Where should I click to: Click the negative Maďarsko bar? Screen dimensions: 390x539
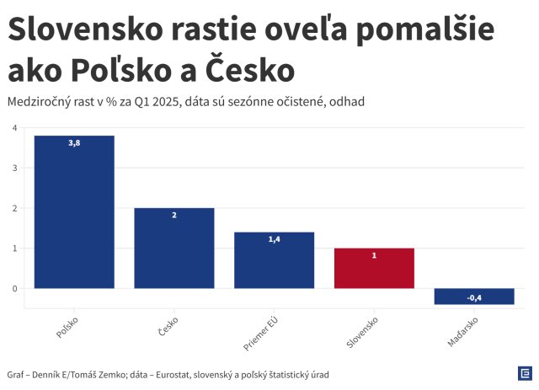pyautogui.click(x=474, y=297)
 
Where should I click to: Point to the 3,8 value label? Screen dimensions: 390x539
pyautogui.click(x=74, y=143)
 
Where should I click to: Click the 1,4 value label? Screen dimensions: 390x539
pyautogui.click(x=274, y=240)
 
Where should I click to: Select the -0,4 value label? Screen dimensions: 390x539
pyautogui.click(x=474, y=298)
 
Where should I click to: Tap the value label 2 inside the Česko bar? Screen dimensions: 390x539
pyautogui.click(x=174, y=216)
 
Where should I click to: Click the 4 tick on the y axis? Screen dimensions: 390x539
pyautogui.click(x=14, y=128)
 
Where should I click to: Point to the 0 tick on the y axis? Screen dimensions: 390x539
pyautogui.click(x=14, y=289)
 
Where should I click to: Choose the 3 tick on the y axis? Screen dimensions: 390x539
pyautogui.click(x=14, y=168)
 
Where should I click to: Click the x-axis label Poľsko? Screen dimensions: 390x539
pyautogui.click(x=67, y=328)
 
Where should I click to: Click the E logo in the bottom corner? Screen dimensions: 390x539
pyautogui.click(x=524, y=373)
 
